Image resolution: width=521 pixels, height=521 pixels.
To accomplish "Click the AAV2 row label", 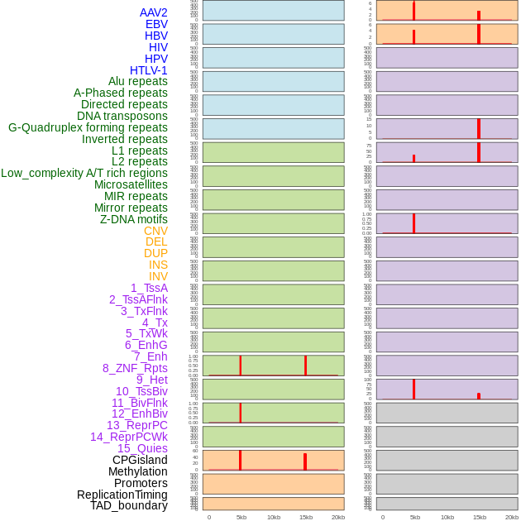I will click(154, 12).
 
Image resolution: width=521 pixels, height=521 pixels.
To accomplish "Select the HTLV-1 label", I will click(149, 70).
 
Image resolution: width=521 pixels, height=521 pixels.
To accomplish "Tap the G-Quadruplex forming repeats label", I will click(88, 127).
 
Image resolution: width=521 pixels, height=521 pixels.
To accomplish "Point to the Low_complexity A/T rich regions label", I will click(84, 173).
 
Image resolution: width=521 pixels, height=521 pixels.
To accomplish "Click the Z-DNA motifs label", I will click(134, 219).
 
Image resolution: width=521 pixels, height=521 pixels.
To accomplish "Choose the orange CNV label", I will click(155, 231).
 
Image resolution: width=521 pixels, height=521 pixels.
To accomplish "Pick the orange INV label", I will click(158, 276).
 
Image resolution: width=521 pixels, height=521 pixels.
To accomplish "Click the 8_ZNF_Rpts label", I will click(135, 368).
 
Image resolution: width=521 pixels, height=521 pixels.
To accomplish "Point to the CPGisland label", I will click(140, 460).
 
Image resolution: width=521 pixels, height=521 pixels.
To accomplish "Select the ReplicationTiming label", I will click(122, 495).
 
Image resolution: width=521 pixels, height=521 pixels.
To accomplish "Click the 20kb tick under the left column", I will click(337, 517).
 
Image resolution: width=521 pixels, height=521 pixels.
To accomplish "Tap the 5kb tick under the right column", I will click(414, 517).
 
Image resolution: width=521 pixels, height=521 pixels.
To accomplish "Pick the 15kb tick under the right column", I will click(479, 517).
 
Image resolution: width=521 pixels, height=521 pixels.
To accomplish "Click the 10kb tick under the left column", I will click(273, 517).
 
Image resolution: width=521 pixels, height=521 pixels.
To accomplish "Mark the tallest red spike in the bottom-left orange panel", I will click(240, 460).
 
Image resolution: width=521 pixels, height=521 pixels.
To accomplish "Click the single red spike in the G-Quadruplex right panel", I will click(478, 128).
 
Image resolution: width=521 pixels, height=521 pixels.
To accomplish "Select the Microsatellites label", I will click(131, 184).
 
